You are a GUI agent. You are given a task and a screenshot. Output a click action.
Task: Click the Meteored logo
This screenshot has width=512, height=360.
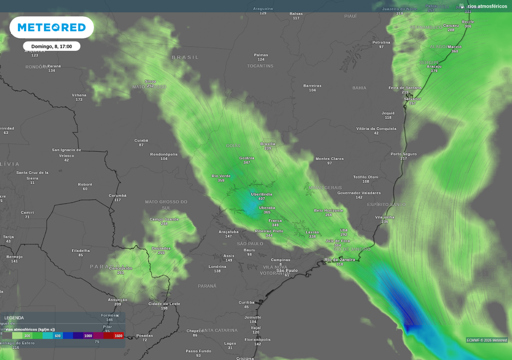[52, 27]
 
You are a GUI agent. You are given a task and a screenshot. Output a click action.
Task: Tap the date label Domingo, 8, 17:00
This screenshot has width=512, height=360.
[52, 46]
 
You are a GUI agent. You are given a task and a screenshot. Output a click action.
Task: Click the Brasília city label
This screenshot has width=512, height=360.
[268, 144]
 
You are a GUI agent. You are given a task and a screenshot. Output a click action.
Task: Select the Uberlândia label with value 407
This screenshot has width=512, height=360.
[261, 194]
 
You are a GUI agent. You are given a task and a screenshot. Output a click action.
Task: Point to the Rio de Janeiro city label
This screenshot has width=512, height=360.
[339, 260]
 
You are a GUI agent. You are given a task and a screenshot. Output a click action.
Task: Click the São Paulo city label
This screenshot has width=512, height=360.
[287, 270]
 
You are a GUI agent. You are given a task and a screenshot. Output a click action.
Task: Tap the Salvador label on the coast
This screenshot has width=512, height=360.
[412, 99]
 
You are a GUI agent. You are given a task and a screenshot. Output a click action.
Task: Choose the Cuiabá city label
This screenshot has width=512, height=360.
[141, 141]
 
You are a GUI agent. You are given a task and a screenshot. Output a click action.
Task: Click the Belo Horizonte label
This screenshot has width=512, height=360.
[328, 210]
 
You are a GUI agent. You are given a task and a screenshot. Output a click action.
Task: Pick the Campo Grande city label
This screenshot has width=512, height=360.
[164, 219]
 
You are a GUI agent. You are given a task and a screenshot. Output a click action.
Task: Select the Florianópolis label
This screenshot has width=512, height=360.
[258, 339]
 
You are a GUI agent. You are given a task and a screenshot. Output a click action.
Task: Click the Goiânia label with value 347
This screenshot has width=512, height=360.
[246, 158]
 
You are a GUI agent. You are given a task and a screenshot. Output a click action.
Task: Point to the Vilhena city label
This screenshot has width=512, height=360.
[79, 96]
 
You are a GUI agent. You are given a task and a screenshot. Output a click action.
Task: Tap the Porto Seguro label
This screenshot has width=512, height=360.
[404, 154]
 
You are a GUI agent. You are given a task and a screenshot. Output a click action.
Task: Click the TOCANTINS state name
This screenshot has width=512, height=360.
[260, 66]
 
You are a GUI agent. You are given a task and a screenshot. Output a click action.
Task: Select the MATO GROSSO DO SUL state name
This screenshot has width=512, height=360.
[166, 204]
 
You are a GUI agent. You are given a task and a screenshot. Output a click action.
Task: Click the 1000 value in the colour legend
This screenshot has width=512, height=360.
[88, 336]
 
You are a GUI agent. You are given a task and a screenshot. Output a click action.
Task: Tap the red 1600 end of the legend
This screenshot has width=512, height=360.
[118, 336]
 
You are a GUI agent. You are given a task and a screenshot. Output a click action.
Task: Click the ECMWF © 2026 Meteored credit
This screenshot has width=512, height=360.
[487, 340]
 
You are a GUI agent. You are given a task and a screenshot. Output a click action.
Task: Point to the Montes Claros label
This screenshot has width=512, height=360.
[329, 159]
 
